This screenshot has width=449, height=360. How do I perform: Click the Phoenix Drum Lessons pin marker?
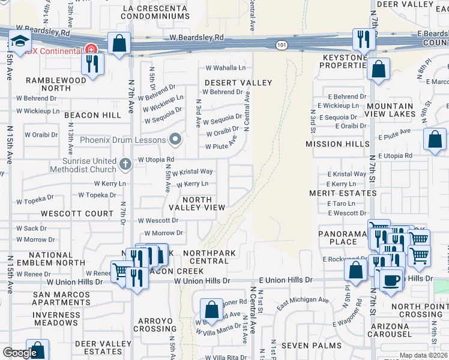(175, 140)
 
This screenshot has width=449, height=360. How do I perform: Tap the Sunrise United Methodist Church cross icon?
(125, 163)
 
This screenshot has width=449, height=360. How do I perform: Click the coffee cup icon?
(391, 281)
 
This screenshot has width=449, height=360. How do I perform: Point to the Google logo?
(20, 353)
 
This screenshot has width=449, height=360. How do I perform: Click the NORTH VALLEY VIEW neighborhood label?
(197, 203)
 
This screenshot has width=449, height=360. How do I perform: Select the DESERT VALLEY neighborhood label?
(239, 82)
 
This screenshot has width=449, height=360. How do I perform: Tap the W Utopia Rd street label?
(155, 160)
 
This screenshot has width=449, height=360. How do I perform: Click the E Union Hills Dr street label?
(286, 280)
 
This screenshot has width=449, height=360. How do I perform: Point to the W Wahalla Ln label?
(226, 68)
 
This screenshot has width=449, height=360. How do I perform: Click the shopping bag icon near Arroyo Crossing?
(211, 310)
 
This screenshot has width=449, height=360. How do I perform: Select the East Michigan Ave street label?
(303, 300)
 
